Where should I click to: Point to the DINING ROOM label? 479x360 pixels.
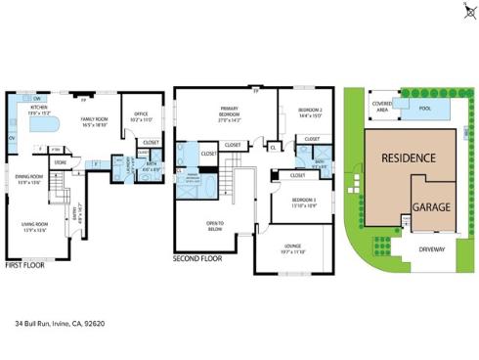click(x=28, y=179)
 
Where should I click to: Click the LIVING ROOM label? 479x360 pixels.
click(x=34, y=228)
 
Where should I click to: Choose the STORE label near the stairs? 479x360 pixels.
click(x=60, y=162)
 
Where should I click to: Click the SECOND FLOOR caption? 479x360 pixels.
click(x=196, y=259)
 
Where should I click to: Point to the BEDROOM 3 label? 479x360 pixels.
click(x=305, y=202)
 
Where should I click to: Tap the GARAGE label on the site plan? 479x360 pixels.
click(x=430, y=207)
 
